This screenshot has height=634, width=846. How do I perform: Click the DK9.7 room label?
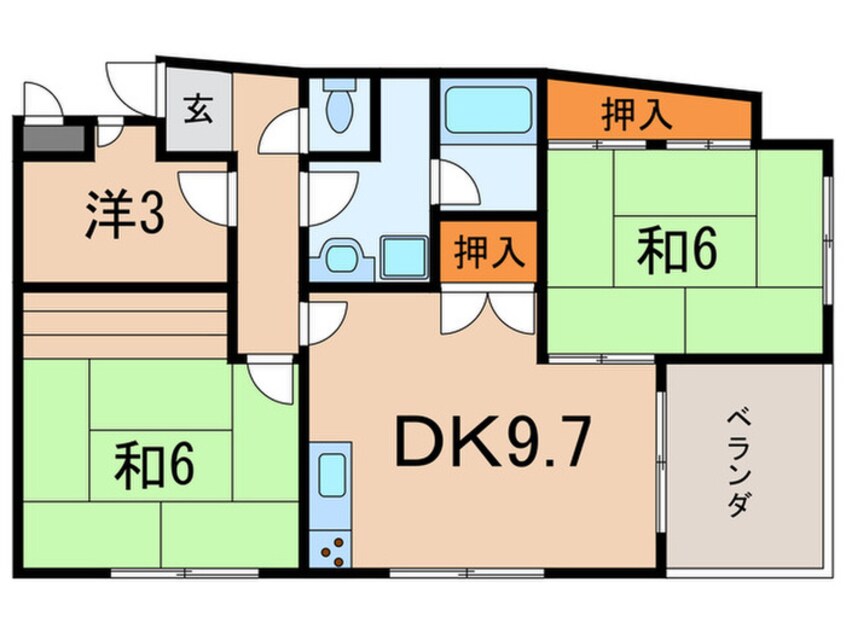point(490,442)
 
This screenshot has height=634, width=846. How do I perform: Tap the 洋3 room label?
point(125,214)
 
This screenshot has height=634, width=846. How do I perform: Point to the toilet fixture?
point(339,106)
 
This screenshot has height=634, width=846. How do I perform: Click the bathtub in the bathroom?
point(488,110)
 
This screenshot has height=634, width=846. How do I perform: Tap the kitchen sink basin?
point(331,475)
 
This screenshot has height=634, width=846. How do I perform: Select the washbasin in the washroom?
point(342,258)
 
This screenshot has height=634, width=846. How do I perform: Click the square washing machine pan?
point(404,257)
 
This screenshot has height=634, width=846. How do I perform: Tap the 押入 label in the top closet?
point(637,114)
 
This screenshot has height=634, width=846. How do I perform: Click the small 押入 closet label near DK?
point(489,251)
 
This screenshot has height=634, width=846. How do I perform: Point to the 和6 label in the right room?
point(677,249)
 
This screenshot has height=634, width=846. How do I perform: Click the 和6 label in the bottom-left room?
point(154,464)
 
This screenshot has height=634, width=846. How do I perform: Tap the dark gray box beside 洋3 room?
point(54,138)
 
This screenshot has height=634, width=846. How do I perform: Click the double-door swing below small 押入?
point(488,313)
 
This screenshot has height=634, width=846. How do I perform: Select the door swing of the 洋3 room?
point(204,198)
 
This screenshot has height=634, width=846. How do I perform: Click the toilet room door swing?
point(281,131)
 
